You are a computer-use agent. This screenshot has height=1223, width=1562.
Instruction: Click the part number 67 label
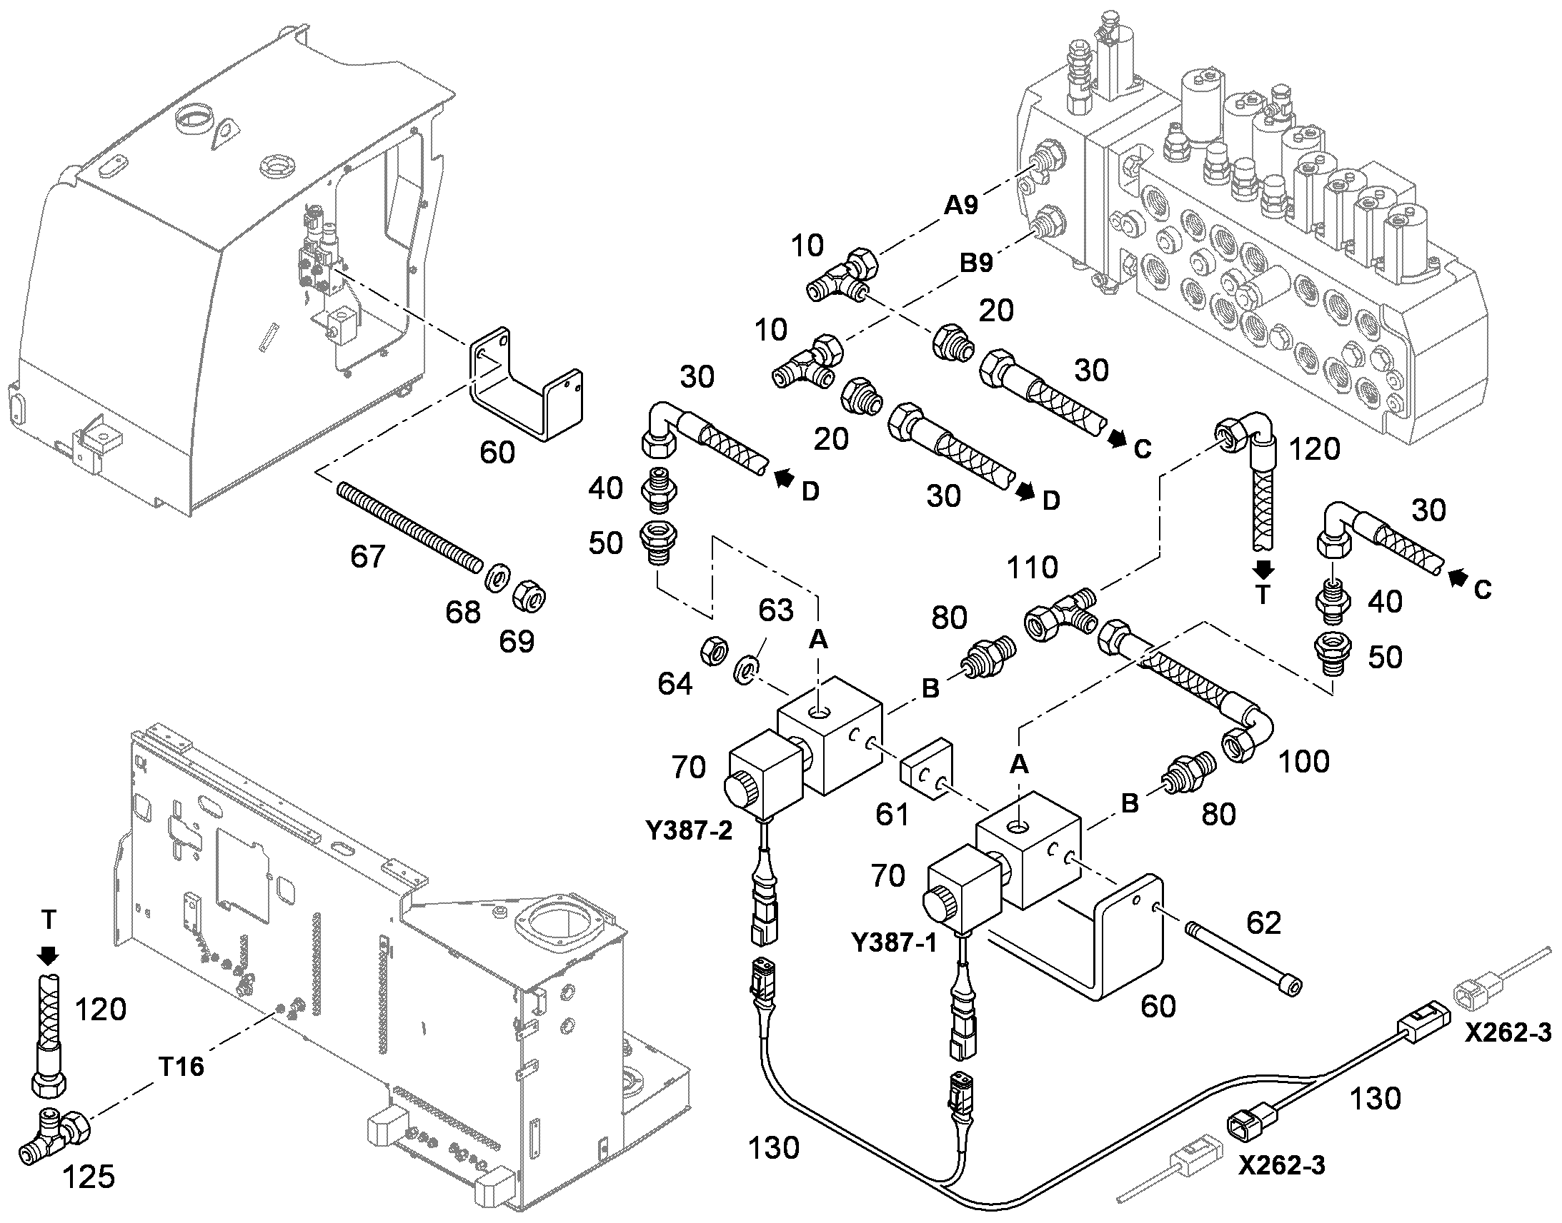tap(367, 555)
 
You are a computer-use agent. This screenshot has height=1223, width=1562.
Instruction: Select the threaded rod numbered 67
tap(409, 527)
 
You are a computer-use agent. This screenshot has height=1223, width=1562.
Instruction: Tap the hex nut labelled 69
tap(530, 595)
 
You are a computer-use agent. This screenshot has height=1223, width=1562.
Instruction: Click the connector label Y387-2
tap(690, 830)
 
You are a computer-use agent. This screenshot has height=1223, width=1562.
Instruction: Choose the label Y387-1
tap(894, 942)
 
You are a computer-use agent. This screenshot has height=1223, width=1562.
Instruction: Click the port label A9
tap(961, 206)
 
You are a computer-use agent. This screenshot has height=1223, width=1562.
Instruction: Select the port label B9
tap(976, 263)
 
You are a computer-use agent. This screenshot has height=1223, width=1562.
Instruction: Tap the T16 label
tap(181, 1067)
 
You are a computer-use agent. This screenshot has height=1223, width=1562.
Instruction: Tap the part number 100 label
tap(1303, 761)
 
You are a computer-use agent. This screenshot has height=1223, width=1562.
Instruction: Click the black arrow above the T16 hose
tap(49, 955)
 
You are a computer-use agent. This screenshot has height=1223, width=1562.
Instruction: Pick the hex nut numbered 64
tap(714, 650)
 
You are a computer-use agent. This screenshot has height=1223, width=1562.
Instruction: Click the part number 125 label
tap(89, 1177)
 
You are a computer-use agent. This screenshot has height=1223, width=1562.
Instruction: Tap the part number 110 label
tap(1033, 568)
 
